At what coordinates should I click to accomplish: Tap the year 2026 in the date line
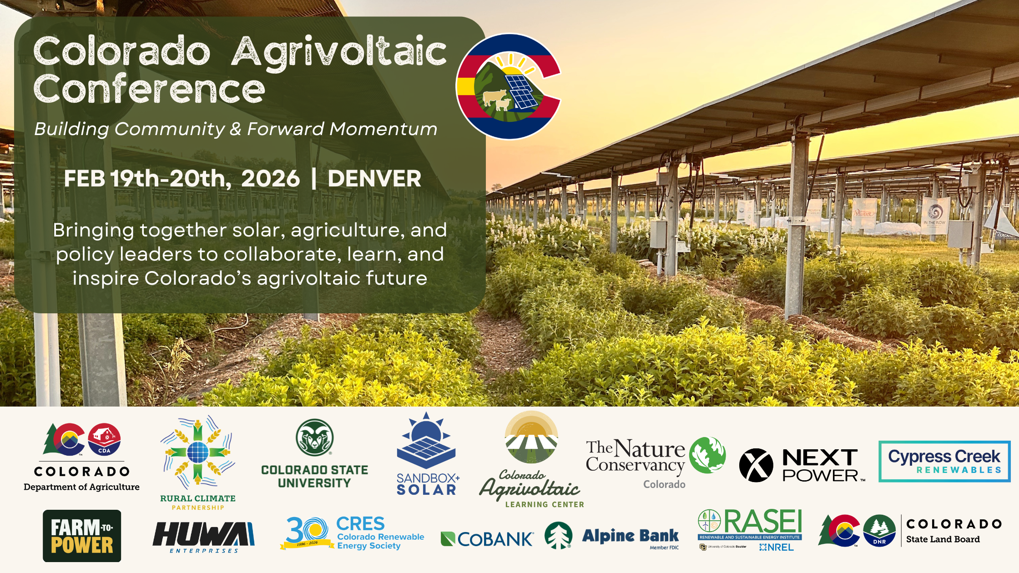tap(270, 178)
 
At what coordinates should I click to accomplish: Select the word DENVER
tap(374, 178)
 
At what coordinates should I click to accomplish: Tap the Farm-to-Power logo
tap(82, 536)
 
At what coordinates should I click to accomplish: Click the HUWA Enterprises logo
tap(203, 537)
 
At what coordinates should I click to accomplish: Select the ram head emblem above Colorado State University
tap(314, 437)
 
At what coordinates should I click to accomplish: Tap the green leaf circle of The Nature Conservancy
tap(707, 455)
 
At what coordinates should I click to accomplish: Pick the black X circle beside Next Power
tap(756, 465)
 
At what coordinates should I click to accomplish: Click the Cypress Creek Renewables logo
tap(944, 461)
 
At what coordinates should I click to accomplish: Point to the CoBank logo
tap(487, 539)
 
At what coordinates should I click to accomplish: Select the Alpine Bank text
tap(630, 536)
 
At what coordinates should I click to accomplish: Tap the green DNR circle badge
tap(879, 531)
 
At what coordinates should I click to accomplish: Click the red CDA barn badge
tap(104, 439)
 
